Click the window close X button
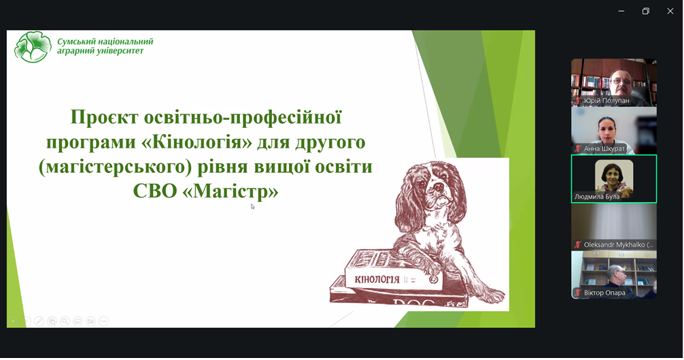tap(670, 12)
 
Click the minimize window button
tap(621, 12)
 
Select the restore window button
tap(646, 12)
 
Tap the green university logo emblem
tap(33, 47)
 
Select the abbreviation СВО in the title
tap(155, 191)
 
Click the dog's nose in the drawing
tap(439, 188)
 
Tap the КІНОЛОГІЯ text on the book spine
tap(377, 279)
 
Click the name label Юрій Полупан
tap(606, 101)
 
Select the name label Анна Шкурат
tap(604, 149)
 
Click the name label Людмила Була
tap(597, 197)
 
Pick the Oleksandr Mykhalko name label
tap(619, 245)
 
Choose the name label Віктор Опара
tap(604, 293)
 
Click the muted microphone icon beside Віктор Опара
tap(577, 293)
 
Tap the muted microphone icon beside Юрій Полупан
tap(577, 101)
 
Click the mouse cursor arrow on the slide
tap(252, 206)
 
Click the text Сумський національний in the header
tap(105, 42)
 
